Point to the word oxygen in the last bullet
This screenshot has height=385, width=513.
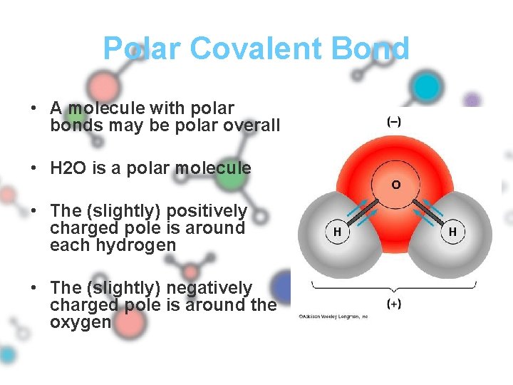click(81, 322)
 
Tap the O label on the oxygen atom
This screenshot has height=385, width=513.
click(395, 185)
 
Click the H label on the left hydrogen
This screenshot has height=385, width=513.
click(337, 232)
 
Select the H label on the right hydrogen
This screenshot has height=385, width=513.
click(452, 232)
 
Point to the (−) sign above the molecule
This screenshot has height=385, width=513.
click(393, 122)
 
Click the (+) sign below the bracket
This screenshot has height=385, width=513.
click(393, 304)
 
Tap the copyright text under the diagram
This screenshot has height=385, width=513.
click(333, 316)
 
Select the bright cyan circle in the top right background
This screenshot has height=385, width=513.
click(427, 87)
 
